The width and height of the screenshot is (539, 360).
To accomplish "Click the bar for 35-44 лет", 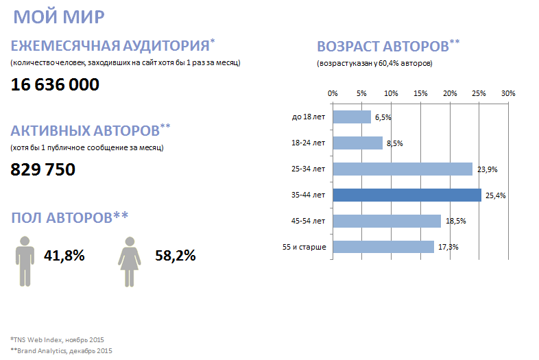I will click(x=407, y=195).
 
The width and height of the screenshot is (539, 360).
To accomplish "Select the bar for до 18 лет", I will click(x=352, y=117).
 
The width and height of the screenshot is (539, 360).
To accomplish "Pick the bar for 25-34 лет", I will click(x=403, y=169).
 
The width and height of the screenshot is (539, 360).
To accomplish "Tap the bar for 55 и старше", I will click(x=383, y=247).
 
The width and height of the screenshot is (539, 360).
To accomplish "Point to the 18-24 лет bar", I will click(x=357, y=143).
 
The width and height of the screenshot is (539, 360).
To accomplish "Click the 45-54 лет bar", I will click(x=387, y=221).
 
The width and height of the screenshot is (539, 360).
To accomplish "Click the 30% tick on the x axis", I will click(x=508, y=93).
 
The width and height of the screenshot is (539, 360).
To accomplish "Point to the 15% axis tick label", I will click(x=420, y=93).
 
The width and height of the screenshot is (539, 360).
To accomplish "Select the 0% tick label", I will click(x=333, y=93).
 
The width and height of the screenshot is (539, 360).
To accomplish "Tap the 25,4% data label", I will click(x=496, y=195).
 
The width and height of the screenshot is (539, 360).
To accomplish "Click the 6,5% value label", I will click(x=383, y=117).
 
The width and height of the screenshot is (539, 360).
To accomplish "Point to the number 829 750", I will click(x=43, y=169).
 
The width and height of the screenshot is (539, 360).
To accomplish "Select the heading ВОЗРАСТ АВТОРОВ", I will click(x=382, y=47).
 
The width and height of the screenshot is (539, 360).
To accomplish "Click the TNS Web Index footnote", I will click(x=57, y=339).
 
